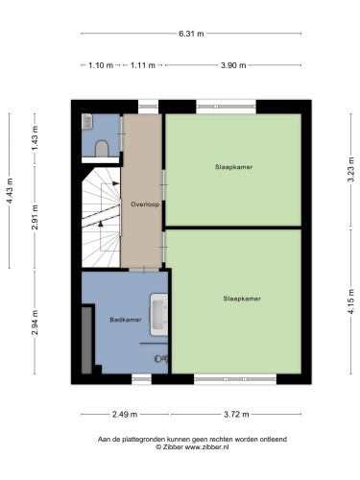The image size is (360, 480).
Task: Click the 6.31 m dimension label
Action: [x=191, y=34]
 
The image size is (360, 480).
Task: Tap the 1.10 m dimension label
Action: [x=101, y=65]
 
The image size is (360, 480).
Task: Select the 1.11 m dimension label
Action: [x=143, y=65]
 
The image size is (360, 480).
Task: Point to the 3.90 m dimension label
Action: [x=233, y=65]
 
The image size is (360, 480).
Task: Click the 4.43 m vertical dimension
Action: [x=10, y=191]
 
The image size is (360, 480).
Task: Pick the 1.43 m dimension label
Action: [x=35, y=139]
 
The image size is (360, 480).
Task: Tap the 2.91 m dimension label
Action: [x=35, y=217]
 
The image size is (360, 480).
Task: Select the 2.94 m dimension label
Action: [x=35, y=323]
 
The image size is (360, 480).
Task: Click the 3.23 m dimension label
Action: [x=351, y=170]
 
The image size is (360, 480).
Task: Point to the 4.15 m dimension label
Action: [x=351, y=301]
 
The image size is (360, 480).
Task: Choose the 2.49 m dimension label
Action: [x=125, y=415]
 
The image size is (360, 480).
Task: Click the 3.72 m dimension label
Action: [x=236, y=415]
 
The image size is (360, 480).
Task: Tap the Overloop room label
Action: [x=145, y=204]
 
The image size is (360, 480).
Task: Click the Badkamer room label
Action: [x=126, y=320]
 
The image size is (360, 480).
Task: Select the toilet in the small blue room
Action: [x=103, y=149]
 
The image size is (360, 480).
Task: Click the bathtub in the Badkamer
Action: [x=159, y=315]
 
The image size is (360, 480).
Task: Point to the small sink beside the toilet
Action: [x=87, y=122]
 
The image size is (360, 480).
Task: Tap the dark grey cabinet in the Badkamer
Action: [x=86, y=340]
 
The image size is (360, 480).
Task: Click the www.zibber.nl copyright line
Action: [x=192, y=447]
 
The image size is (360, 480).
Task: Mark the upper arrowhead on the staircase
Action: [x=116, y=183]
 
